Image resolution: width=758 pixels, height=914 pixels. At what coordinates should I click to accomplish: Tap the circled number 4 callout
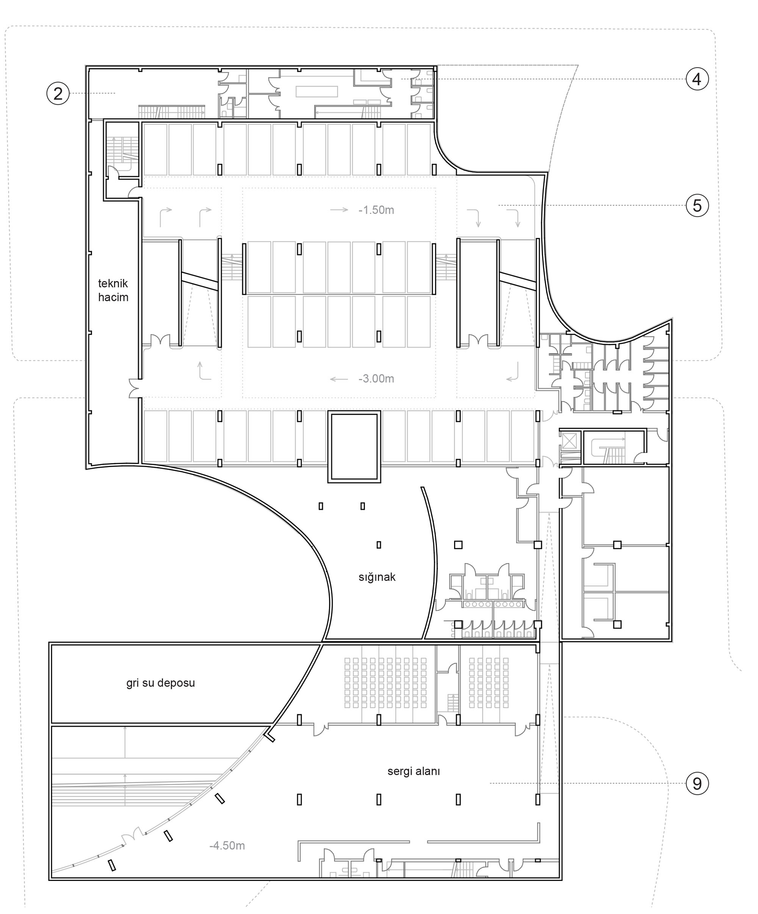pyautogui.click(x=697, y=79)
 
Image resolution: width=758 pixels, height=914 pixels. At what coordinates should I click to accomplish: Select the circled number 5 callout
pyautogui.click(x=697, y=205)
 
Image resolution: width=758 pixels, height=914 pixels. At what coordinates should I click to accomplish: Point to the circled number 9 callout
pyautogui.click(x=697, y=783)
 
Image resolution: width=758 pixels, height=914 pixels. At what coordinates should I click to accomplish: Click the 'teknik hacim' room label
pyautogui.click(x=113, y=290)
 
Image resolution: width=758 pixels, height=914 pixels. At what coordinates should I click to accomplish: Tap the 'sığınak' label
pyautogui.click(x=377, y=577)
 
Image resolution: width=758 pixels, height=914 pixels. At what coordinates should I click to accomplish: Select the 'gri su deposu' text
pyautogui.click(x=160, y=683)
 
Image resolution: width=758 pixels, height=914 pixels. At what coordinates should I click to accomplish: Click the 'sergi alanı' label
pyautogui.click(x=413, y=771)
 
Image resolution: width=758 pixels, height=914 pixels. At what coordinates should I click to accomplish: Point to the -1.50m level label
pyautogui.click(x=376, y=210)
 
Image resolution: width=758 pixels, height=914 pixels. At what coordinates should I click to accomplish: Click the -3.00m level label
pyautogui.click(x=376, y=379)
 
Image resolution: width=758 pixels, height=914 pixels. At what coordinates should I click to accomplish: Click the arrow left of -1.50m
pyautogui.click(x=339, y=210)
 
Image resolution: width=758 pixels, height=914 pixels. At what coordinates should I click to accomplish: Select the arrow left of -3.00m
pyautogui.click(x=339, y=379)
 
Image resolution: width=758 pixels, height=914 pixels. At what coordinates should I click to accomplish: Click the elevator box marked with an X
pyautogui.click(x=569, y=441)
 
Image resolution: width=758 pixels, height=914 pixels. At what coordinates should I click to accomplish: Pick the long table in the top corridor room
pyautogui.click(x=316, y=91)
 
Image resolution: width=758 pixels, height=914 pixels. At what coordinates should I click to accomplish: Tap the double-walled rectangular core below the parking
pyautogui.click(x=354, y=447)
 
